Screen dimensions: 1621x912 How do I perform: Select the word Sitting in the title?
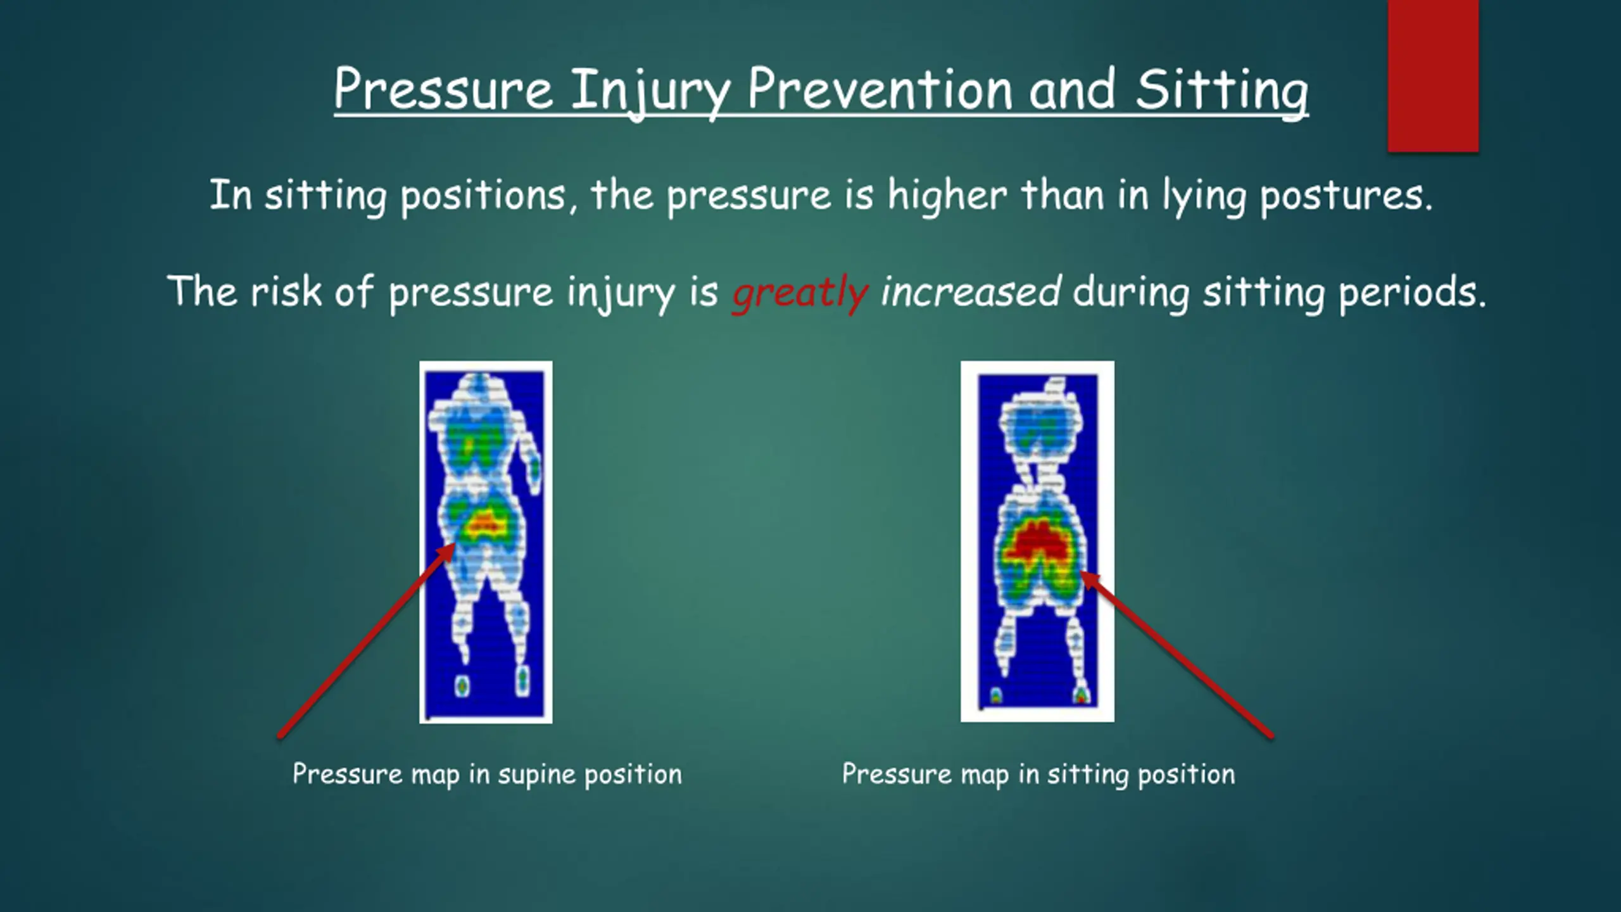tap(1221, 92)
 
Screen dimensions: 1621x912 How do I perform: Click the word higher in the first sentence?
tap(947, 196)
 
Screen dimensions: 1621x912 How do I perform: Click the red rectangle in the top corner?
tap(1433, 76)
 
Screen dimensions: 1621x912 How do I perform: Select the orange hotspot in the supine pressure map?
tap(484, 522)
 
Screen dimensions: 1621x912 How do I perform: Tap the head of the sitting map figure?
tap(1054, 387)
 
